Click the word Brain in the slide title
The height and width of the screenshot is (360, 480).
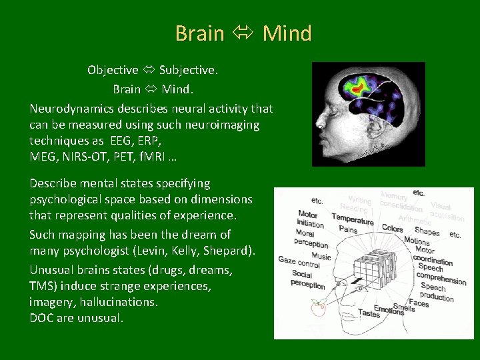[200, 33]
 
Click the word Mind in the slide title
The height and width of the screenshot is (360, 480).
[287, 33]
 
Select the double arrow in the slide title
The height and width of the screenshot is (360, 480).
[243, 33]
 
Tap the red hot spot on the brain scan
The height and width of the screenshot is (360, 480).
[361, 86]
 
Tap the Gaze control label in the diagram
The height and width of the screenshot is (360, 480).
[300, 261]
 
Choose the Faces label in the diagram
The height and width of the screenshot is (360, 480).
[419, 303]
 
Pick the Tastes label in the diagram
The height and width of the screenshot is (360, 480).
[369, 313]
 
